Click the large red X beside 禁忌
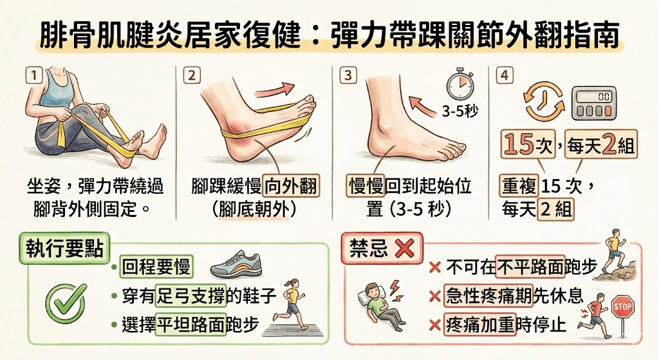pos(404,249)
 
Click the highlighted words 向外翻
pos(290,187)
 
